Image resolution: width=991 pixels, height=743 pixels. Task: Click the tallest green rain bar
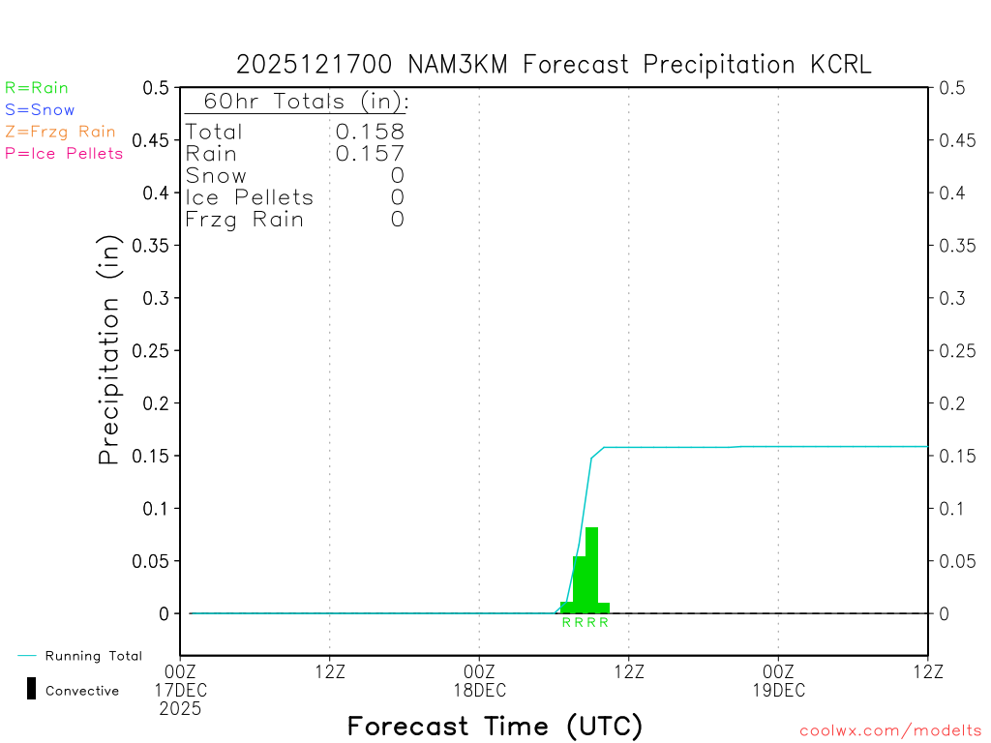[591, 571]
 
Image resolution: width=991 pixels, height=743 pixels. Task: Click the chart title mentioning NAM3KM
[554, 65]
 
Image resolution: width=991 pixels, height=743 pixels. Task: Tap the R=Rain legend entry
[37, 88]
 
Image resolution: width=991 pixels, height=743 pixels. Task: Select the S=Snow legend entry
[40, 110]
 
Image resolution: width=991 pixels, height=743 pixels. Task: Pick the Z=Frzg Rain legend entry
[60, 132]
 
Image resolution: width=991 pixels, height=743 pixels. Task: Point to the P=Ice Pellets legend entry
[64, 153]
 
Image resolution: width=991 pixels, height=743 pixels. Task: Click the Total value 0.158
[370, 132]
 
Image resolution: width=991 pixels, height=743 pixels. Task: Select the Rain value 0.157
[370, 154]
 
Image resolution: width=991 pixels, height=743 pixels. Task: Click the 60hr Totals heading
[296, 102]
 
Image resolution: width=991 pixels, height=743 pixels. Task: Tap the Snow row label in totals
[216, 176]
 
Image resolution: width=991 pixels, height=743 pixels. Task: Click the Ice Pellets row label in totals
[250, 197]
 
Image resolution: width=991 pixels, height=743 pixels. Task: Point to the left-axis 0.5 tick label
[155, 88]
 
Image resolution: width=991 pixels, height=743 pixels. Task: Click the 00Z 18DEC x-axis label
[479, 680]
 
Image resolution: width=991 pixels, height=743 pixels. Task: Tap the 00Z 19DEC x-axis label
[778, 680]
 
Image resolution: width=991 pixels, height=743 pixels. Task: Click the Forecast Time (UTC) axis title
[495, 726]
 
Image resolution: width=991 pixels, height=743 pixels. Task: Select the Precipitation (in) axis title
[109, 350]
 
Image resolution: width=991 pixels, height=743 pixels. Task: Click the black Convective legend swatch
[31, 689]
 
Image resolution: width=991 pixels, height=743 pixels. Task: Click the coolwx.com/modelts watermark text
[890, 730]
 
